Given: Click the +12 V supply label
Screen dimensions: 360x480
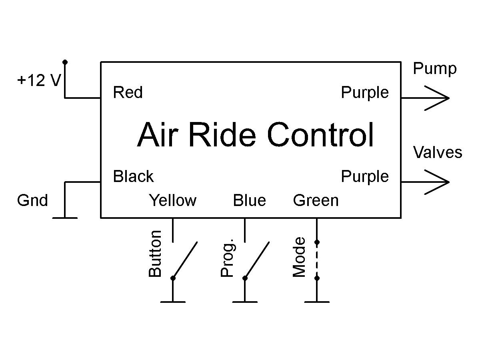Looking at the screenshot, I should point(39,81).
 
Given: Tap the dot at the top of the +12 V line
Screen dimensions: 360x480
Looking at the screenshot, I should point(65,62).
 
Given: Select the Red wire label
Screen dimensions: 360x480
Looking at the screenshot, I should point(128,93).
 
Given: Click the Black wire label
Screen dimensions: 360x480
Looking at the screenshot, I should point(133,176).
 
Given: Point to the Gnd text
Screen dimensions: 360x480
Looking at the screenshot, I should point(32,200).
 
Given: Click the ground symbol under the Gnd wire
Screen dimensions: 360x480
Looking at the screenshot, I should point(65,218).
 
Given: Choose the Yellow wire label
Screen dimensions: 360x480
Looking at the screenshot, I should point(172,200).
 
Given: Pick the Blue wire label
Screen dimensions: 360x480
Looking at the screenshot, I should point(249,200).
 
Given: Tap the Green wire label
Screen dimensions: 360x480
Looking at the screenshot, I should point(316,200).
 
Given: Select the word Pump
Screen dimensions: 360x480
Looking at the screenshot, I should point(434,69).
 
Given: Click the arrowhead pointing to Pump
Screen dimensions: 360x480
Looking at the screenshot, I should point(438,98).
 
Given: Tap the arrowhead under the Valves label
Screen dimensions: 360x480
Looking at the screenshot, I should point(438,182).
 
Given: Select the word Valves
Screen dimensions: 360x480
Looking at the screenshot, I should point(437,152).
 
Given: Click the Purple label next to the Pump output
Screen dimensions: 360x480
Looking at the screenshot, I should point(364,93).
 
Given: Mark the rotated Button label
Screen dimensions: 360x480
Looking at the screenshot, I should point(155,254).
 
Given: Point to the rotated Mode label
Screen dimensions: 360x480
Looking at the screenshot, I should point(299,257).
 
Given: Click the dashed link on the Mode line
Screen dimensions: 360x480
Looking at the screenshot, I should point(317,260).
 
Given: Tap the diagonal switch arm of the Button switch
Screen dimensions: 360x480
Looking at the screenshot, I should point(185,260).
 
